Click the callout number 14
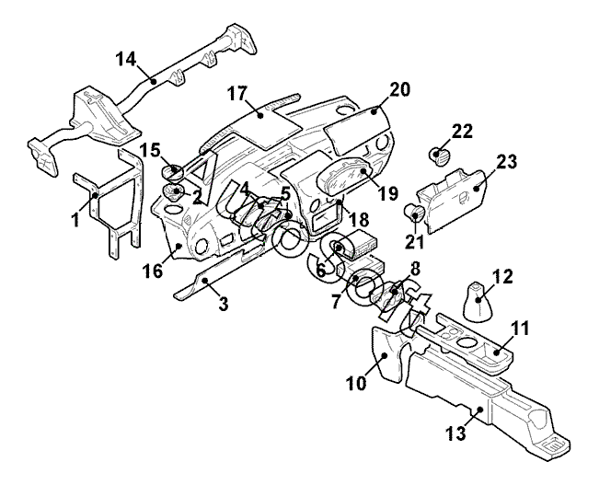[x=125, y=59]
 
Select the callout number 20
[x=399, y=89]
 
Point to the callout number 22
[x=462, y=131]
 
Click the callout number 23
[x=507, y=162]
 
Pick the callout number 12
[x=501, y=275]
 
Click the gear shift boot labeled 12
[x=477, y=303]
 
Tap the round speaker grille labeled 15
[x=173, y=170]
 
